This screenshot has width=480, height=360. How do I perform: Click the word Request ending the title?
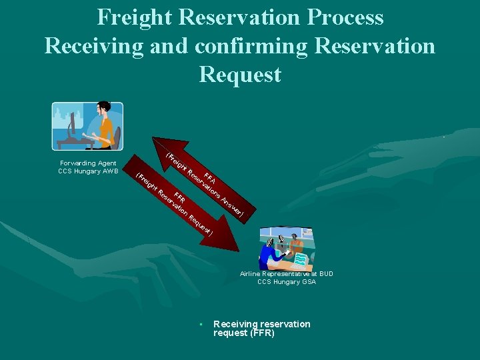coord(240,74)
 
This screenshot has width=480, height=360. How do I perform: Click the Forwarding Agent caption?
coord(88,163)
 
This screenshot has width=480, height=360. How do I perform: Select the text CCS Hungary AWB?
coord(88,171)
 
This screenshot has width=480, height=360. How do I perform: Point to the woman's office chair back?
coord(117,135)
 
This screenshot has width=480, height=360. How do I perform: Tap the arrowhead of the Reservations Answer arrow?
coord(161,146)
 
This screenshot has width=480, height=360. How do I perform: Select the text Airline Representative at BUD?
coord(287,273)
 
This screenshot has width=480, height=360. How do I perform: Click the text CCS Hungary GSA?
coord(287,282)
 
